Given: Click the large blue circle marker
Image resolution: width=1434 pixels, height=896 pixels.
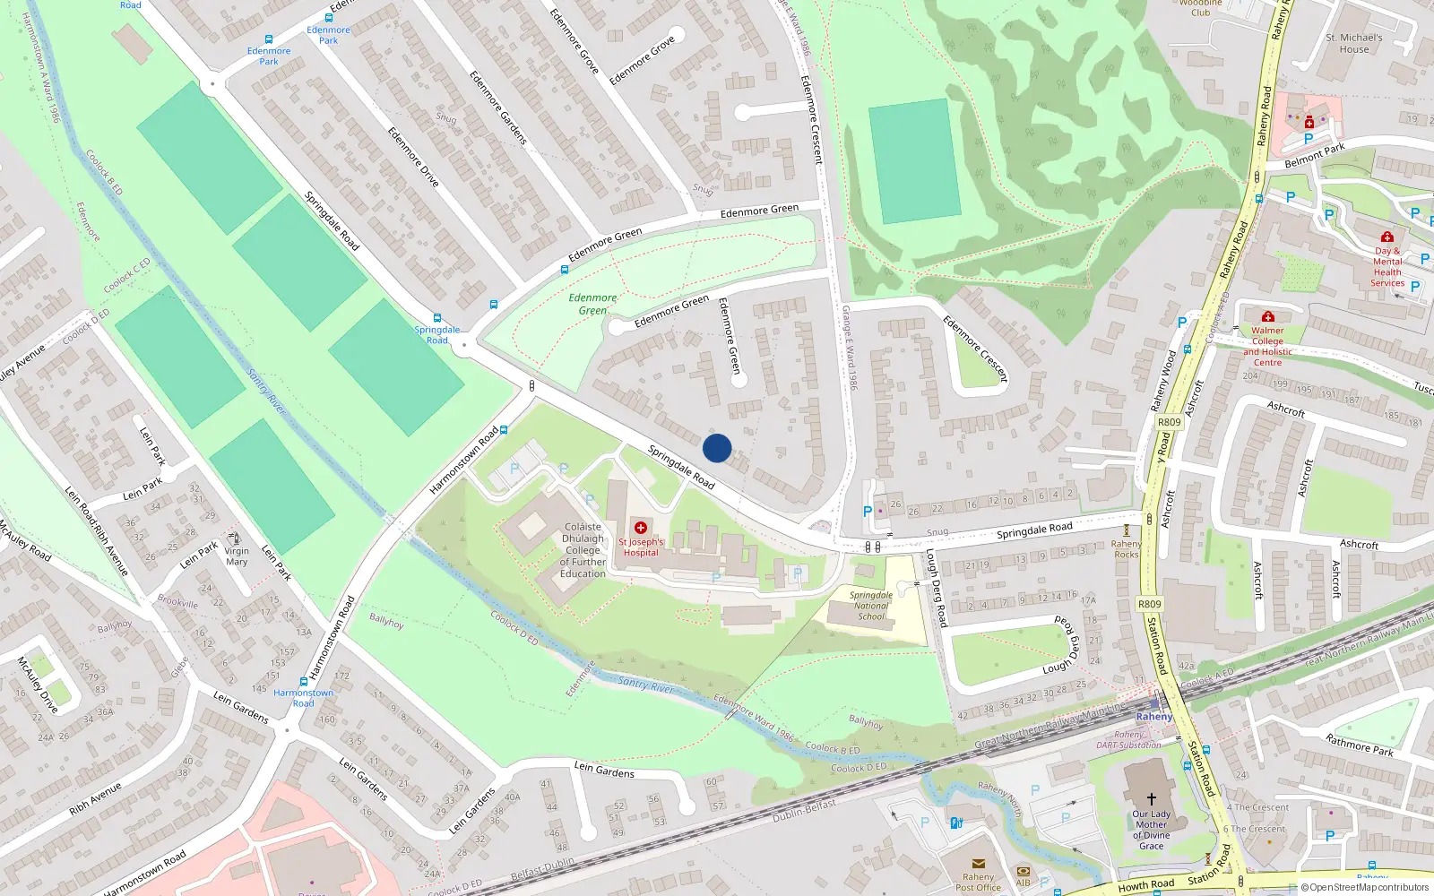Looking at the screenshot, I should click(717, 448).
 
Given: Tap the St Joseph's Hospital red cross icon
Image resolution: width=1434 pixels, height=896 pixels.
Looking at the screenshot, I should click(640, 528).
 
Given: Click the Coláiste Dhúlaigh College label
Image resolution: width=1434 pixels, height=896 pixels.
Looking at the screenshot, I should click(583, 550).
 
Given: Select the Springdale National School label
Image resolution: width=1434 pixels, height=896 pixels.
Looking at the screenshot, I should click(871, 606).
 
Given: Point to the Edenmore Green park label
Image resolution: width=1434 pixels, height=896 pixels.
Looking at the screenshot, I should click(592, 304).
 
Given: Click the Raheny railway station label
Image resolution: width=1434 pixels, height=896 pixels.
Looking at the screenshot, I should click(1154, 717).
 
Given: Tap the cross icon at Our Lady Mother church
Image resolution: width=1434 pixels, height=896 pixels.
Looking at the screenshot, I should click(1152, 798).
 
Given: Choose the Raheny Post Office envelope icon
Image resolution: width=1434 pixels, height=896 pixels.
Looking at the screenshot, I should click(979, 865).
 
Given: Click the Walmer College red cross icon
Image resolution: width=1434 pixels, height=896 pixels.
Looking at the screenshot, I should click(1267, 317).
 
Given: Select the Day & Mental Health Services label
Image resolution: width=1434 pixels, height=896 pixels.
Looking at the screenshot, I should click(1387, 267).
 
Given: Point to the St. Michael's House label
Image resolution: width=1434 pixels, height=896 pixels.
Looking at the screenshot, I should click(1353, 43).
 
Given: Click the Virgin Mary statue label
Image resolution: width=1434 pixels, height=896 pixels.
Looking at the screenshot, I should click(237, 556).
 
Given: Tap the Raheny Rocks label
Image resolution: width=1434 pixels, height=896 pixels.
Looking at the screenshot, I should click(1127, 548).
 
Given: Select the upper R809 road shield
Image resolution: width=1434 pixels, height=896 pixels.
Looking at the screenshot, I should click(1170, 422).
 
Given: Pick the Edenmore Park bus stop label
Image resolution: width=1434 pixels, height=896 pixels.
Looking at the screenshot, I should click(269, 56).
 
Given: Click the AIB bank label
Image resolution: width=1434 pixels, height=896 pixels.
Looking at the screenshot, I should click(1023, 883).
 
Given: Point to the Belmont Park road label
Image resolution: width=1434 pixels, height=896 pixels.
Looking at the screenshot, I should click(1314, 156).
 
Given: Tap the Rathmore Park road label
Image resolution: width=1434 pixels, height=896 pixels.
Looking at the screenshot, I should click(1359, 745).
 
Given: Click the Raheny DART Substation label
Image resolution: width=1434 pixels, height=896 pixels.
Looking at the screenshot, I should click(1128, 739).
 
